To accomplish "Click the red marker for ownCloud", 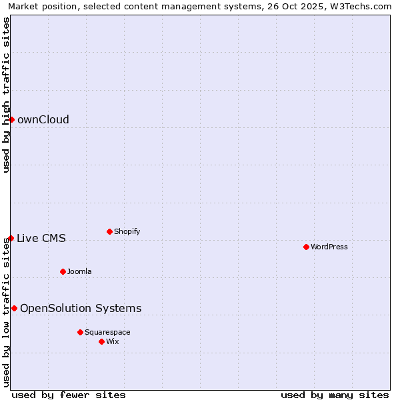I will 11,119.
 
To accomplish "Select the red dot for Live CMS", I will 11,238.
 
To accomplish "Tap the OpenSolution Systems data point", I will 14,308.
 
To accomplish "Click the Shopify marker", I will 109,231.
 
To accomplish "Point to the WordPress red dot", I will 306,247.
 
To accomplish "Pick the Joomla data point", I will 63,271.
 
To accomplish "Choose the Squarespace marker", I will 80,332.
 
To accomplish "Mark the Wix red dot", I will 101,341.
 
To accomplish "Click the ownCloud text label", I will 43,120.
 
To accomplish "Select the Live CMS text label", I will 41,239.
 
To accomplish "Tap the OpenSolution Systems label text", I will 81,308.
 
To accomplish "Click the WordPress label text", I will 329,247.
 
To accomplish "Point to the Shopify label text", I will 127,231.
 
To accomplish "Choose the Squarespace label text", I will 107,332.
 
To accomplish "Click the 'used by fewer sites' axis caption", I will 69,395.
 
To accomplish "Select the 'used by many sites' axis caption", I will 335,395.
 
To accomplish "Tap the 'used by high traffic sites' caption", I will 6,95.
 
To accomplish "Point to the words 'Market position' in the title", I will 39,6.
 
